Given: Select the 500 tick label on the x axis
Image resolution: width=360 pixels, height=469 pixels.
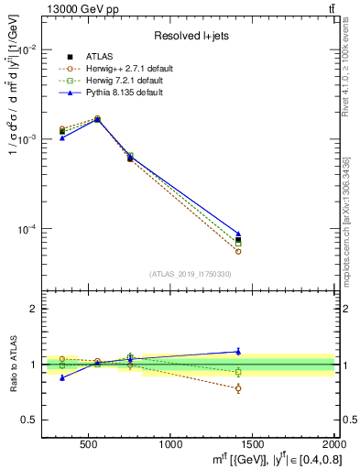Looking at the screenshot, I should tap(89, 442).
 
